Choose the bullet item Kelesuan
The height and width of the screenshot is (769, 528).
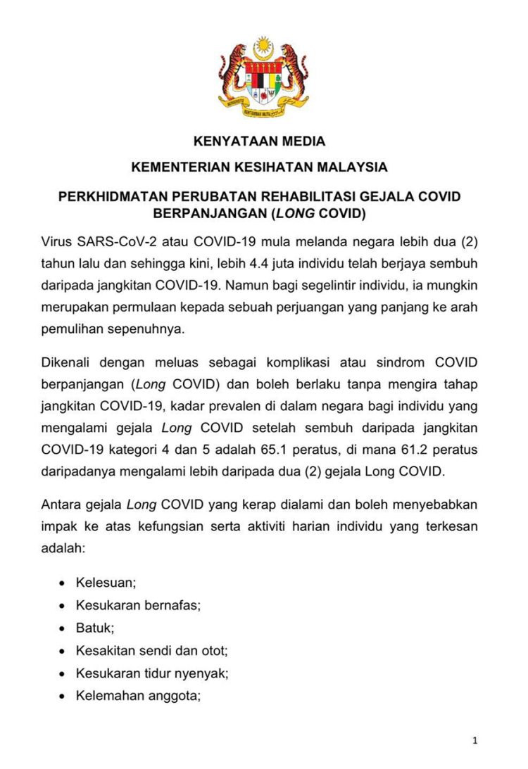point(106,583)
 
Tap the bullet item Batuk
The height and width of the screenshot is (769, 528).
point(95,628)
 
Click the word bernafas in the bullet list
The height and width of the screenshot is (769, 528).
point(169,605)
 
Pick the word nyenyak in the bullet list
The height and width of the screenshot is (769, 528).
point(205,673)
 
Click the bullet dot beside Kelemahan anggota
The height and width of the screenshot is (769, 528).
point(63,696)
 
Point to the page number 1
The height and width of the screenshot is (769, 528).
point(476,740)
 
